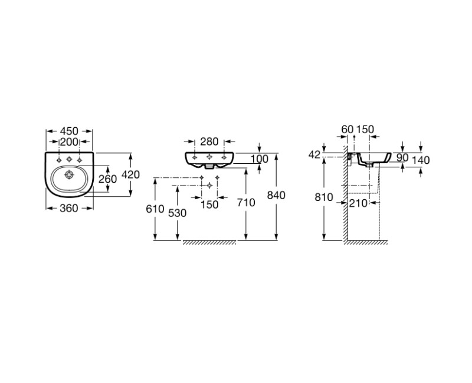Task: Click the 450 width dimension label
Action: (69, 131)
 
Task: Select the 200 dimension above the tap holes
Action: (69, 141)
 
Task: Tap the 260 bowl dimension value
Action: (107, 179)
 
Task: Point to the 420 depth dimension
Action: (130, 174)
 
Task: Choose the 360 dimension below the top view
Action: (69, 208)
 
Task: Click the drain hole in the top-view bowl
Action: (69, 174)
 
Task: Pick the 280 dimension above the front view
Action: (209, 141)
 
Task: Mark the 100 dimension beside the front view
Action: (260, 159)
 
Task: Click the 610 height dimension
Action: (155, 209)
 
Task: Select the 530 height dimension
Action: (178, 213)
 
